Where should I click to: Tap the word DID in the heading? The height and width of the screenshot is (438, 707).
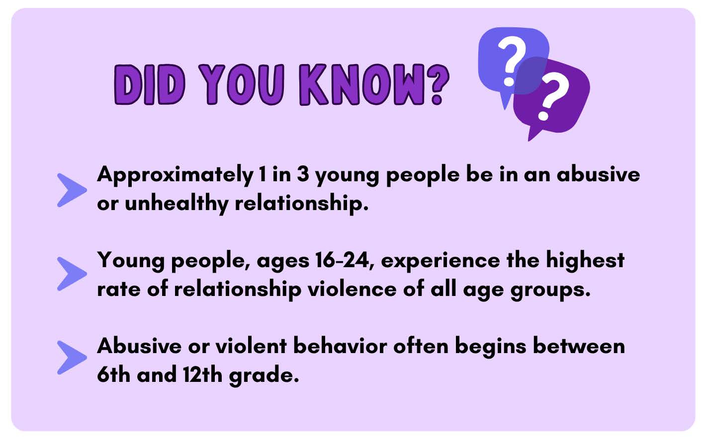click(x=149, y=84)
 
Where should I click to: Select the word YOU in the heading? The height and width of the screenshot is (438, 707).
click(x=242, y=84)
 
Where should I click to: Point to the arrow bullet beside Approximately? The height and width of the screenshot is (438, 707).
click(x=72, y=190)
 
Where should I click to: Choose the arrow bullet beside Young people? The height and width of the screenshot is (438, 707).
click(x=72, y=274)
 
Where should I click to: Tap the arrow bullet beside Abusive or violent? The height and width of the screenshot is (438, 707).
click(x=72, y=358)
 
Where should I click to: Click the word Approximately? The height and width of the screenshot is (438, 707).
click(x=176, y=175)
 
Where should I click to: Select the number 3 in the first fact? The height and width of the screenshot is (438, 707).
click(x=303, y=174)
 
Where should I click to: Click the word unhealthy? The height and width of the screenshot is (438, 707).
click(x=177, y=204)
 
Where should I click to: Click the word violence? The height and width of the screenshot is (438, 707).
click(x=352, y=289)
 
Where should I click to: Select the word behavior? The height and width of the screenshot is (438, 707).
click(x=340, y=346)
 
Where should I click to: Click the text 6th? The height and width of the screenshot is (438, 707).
click(x=114, y=374)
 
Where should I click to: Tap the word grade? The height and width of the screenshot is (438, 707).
click(x=264, y=376)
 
